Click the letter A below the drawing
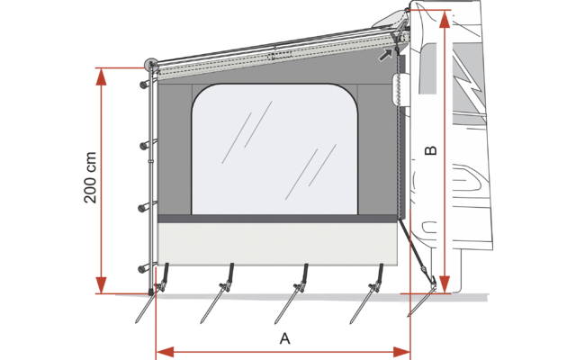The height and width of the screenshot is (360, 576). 285,338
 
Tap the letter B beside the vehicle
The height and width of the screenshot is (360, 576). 431,149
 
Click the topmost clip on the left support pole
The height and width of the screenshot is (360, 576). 143,85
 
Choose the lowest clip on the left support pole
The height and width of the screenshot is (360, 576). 143,268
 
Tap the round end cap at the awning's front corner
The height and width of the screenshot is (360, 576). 149,65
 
